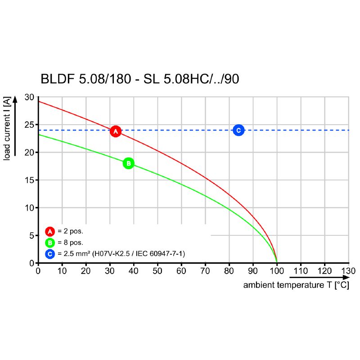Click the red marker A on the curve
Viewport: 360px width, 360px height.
click(116, 131)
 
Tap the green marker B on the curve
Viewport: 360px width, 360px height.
click(128, 163)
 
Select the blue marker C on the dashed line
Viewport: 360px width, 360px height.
click(238, 130)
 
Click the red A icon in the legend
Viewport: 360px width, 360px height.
click(50, 232)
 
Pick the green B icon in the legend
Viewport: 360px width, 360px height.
click(50, 243)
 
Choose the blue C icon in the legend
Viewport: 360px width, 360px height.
click(50, 254)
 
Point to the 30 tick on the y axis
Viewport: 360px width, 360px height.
click(29, 97)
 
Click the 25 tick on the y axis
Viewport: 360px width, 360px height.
click(29, 125)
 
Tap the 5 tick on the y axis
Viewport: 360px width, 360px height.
click(31, 235)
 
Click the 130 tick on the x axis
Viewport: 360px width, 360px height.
click(348, 271)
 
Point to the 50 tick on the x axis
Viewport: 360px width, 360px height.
click(157, 271)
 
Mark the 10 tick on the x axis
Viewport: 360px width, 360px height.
click(62, 271)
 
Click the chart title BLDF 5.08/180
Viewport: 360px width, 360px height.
click(139, 79)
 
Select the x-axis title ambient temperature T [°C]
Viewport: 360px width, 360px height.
click(296, 285)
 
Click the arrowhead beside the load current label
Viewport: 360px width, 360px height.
click(15, 99)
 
